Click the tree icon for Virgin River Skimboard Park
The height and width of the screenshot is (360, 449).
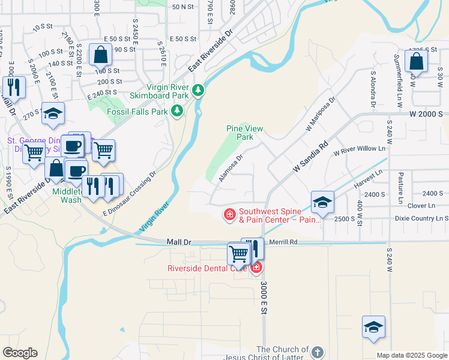(199, 91)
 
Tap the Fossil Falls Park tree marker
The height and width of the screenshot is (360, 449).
(176, 111)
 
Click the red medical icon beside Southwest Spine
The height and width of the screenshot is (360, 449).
(229, 214)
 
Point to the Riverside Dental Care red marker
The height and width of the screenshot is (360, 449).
(256, 268)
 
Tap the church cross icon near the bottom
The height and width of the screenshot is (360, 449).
(318, 352)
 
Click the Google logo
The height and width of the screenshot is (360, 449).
(20, 353)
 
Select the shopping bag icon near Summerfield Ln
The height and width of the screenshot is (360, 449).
(416, 62)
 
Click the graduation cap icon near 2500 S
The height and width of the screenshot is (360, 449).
(322, 203)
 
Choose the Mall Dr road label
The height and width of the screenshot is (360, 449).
(178, 242)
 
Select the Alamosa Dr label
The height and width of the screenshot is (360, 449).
(231, 169)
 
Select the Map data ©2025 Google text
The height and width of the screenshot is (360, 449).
(411, 355)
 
